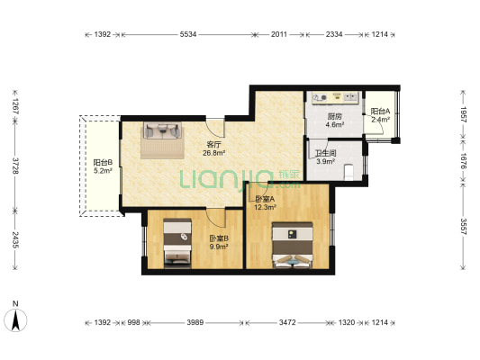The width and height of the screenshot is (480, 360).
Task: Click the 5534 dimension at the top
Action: pyautogui.click(x=188, y=34)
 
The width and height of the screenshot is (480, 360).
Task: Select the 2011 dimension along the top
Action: pyautogui.click(x=279, y=34)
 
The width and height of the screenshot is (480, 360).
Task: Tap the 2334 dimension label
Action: pyautogui.click(x=334, y=34)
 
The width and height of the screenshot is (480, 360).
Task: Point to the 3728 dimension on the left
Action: pyautogui.click(x=15, y=166)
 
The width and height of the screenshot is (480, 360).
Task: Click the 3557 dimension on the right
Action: pyautogui.click(x=463, y=226)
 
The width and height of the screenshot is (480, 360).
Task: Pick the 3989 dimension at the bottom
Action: pyautogui.click(x=195, y=322)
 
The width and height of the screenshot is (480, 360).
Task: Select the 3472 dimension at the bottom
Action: pyautogui.click(x=287, y=322)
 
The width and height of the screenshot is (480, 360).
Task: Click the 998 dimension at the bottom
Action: pyautogui.click(x=133, y=322)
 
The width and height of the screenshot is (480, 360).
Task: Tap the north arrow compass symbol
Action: pyautogui.click(x=15, y=319)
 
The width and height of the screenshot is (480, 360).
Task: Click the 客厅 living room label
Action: pyautogui.click(x=214, y=145)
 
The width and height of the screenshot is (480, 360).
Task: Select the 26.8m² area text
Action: pyautogui.click(x=214, y=153)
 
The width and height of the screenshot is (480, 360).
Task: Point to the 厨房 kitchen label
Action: pyautogui.click(x=335, y=116)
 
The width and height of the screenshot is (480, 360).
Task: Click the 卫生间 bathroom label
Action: pyautogui.click(x=326, y=153)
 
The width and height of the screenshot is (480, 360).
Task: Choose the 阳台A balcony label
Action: pyautogui.click(x=380, y=112)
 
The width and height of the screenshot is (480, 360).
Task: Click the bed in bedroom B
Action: pyautogui.click(x=177, y=243)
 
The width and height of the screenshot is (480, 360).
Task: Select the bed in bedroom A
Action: pyautogui.click(x=293, y=245)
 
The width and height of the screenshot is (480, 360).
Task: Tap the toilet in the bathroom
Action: pyautogui.click(x=349, y=172)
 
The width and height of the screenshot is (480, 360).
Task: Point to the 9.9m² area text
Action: pyautogui.click(x=219, y=247)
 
